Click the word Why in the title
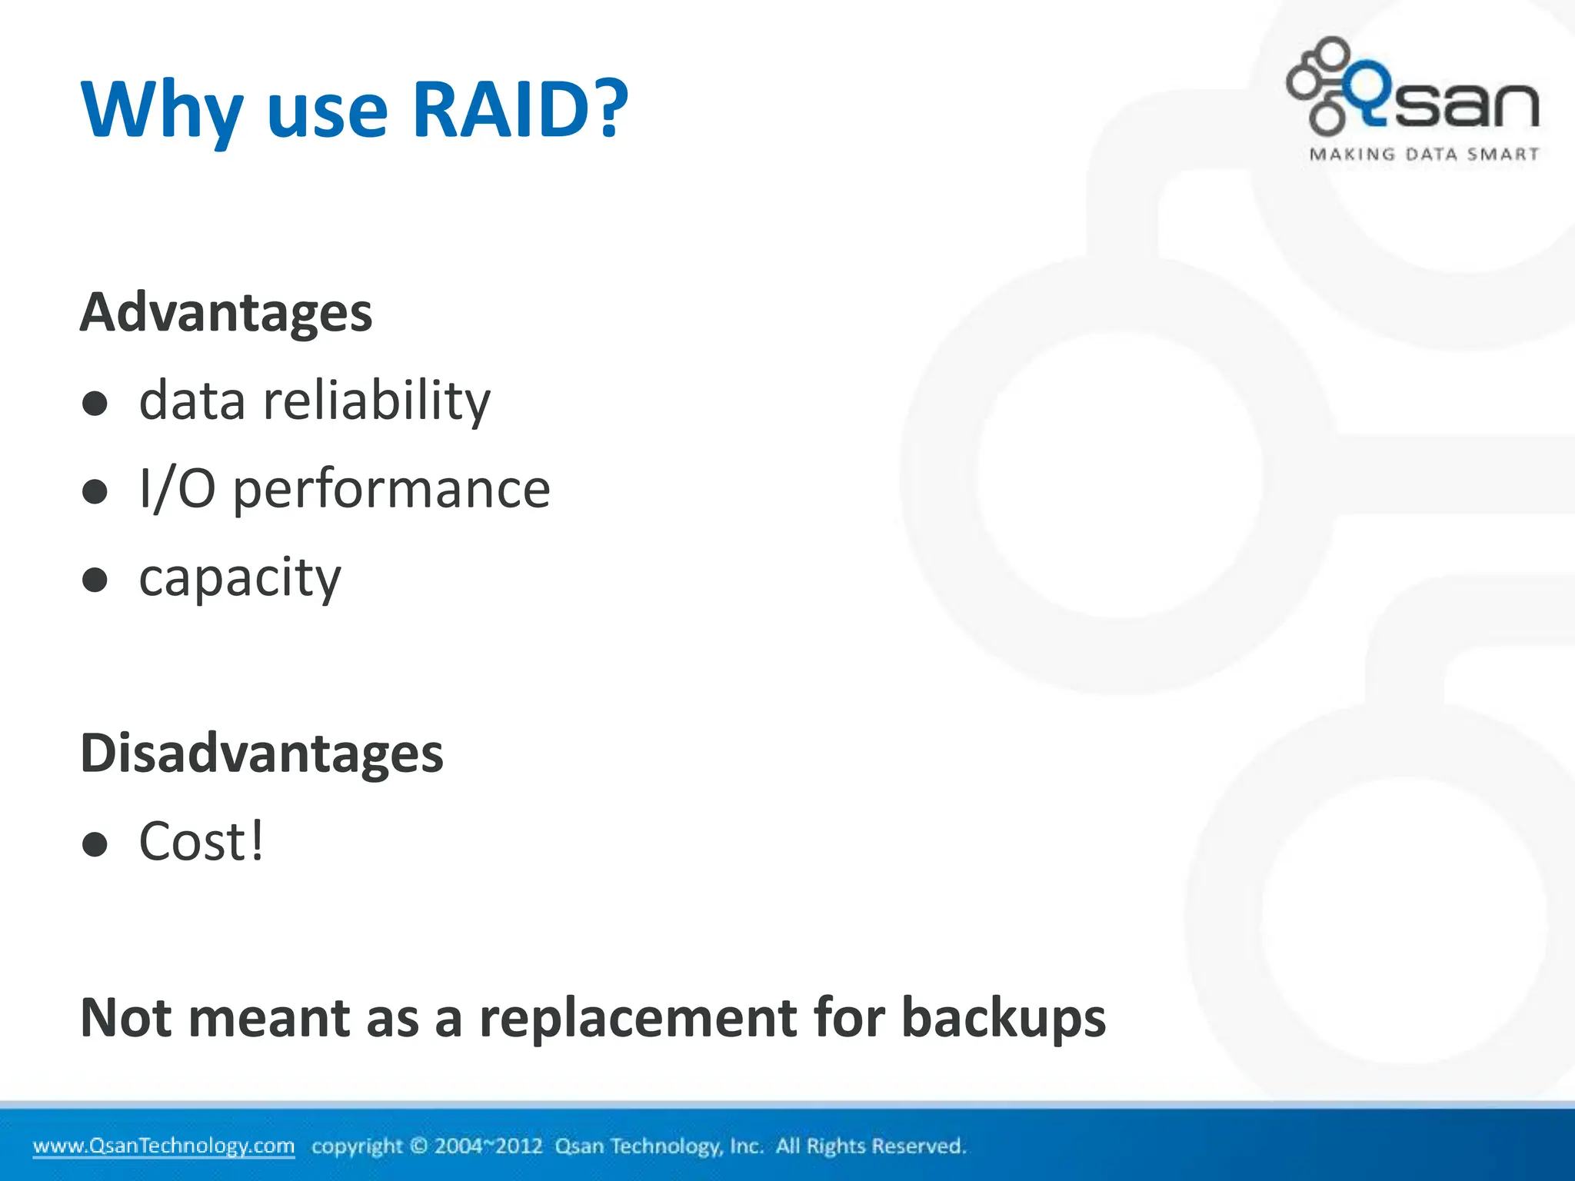[x=161, y=109]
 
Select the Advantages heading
[x=226, y=313]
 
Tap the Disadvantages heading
[x=261, y=753]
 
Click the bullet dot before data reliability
[x=95, y=403]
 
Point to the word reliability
[x=376, y=401]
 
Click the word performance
[x=391, y=490]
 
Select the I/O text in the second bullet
[x=177, y=489]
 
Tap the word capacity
[x=239, y=578]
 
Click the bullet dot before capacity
[x=95, y=580]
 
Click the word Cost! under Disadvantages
[x=201, y=842]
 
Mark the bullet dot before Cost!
[x=95, y=844]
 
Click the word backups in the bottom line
[x=1003, y=1018]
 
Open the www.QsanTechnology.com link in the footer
[x=163, y=1146]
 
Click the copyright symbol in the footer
[x=418, y=1146]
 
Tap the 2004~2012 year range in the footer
[x=488, y=1146]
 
